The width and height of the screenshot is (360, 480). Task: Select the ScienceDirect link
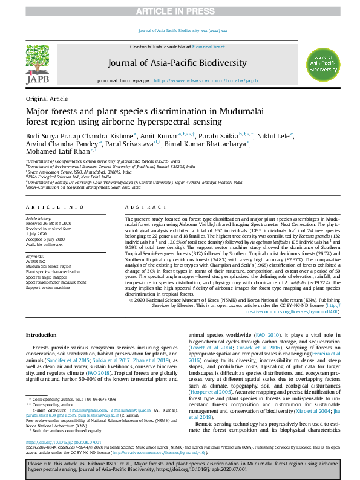pyautogui.click(x=209, y=47)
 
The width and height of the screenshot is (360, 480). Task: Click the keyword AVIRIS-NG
pyautogui.click(x=36, y=261)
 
